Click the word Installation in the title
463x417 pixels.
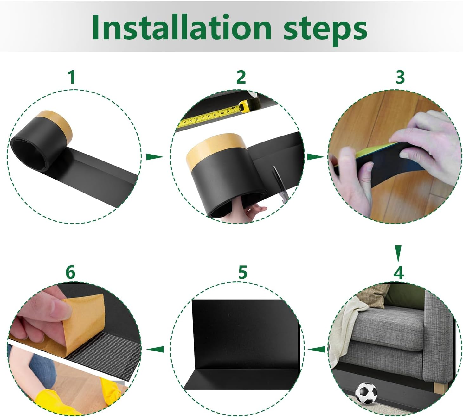(x=182, y=28)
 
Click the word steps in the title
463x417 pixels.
(x=325, y=30)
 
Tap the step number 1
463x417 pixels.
(x=72, y=78)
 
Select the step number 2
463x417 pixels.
(x=241, y=77)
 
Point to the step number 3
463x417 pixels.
(x=400, y=77)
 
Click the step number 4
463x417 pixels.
(x=398, y=273)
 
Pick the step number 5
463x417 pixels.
(x=242, y=272)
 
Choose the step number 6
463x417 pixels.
(x=70, y=272)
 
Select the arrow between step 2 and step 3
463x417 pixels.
(x=316, y=157)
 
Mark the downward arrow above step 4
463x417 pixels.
(x=399, y=254)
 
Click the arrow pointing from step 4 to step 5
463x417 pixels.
(x=316, y=349)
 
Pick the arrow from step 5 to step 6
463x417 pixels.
(x=155, y=349)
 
